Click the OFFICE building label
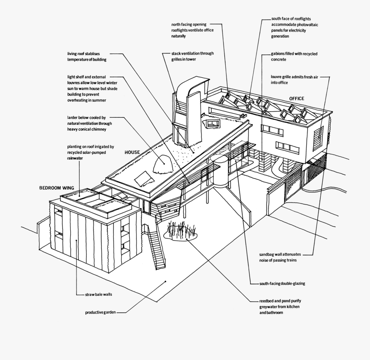coord(296,99)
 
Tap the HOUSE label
coord(132,152)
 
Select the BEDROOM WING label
coord(56,188)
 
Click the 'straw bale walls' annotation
coord(99,295)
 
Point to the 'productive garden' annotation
coord(100,313)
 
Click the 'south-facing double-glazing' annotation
coord(282,283)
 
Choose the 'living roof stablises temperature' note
coord(87,57)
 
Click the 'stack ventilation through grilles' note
coord(192,56)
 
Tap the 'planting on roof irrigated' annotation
coord(90,153)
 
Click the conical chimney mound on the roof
coord(164,164)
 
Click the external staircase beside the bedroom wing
coord(157,246)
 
